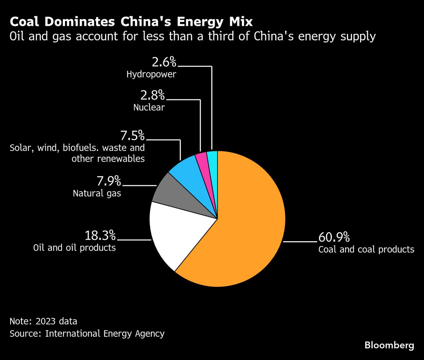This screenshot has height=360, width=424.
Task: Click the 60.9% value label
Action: pyautogui.click(x=334, y=236)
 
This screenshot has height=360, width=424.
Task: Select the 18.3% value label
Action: pyautogui.click(x=100, y=235)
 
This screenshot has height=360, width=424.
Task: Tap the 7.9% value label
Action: pyautogui.click(x=109, y=181)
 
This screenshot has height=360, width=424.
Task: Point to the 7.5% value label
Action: pyautogui.click(x=132, y=135)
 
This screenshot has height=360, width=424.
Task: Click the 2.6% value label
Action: pyautogui.click(x=164, y=62)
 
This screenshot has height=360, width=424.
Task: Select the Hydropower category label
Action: pyautogui.click(x=151, y=75)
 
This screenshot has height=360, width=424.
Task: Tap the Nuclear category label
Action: pyautogui.click(x=149, y=107)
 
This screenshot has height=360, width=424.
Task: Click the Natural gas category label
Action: pyautogui.click(x=97, y=193)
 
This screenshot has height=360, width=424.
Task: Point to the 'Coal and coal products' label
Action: pyautogui.click(x=366, y=249)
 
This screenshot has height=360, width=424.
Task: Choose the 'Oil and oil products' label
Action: pyautogui.click(x=75, y=248)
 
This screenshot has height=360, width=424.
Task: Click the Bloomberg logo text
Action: pyautogui.click(x=389, y=345)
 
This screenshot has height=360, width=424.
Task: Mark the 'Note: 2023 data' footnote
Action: pyautogui.click(x=43, y=321)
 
